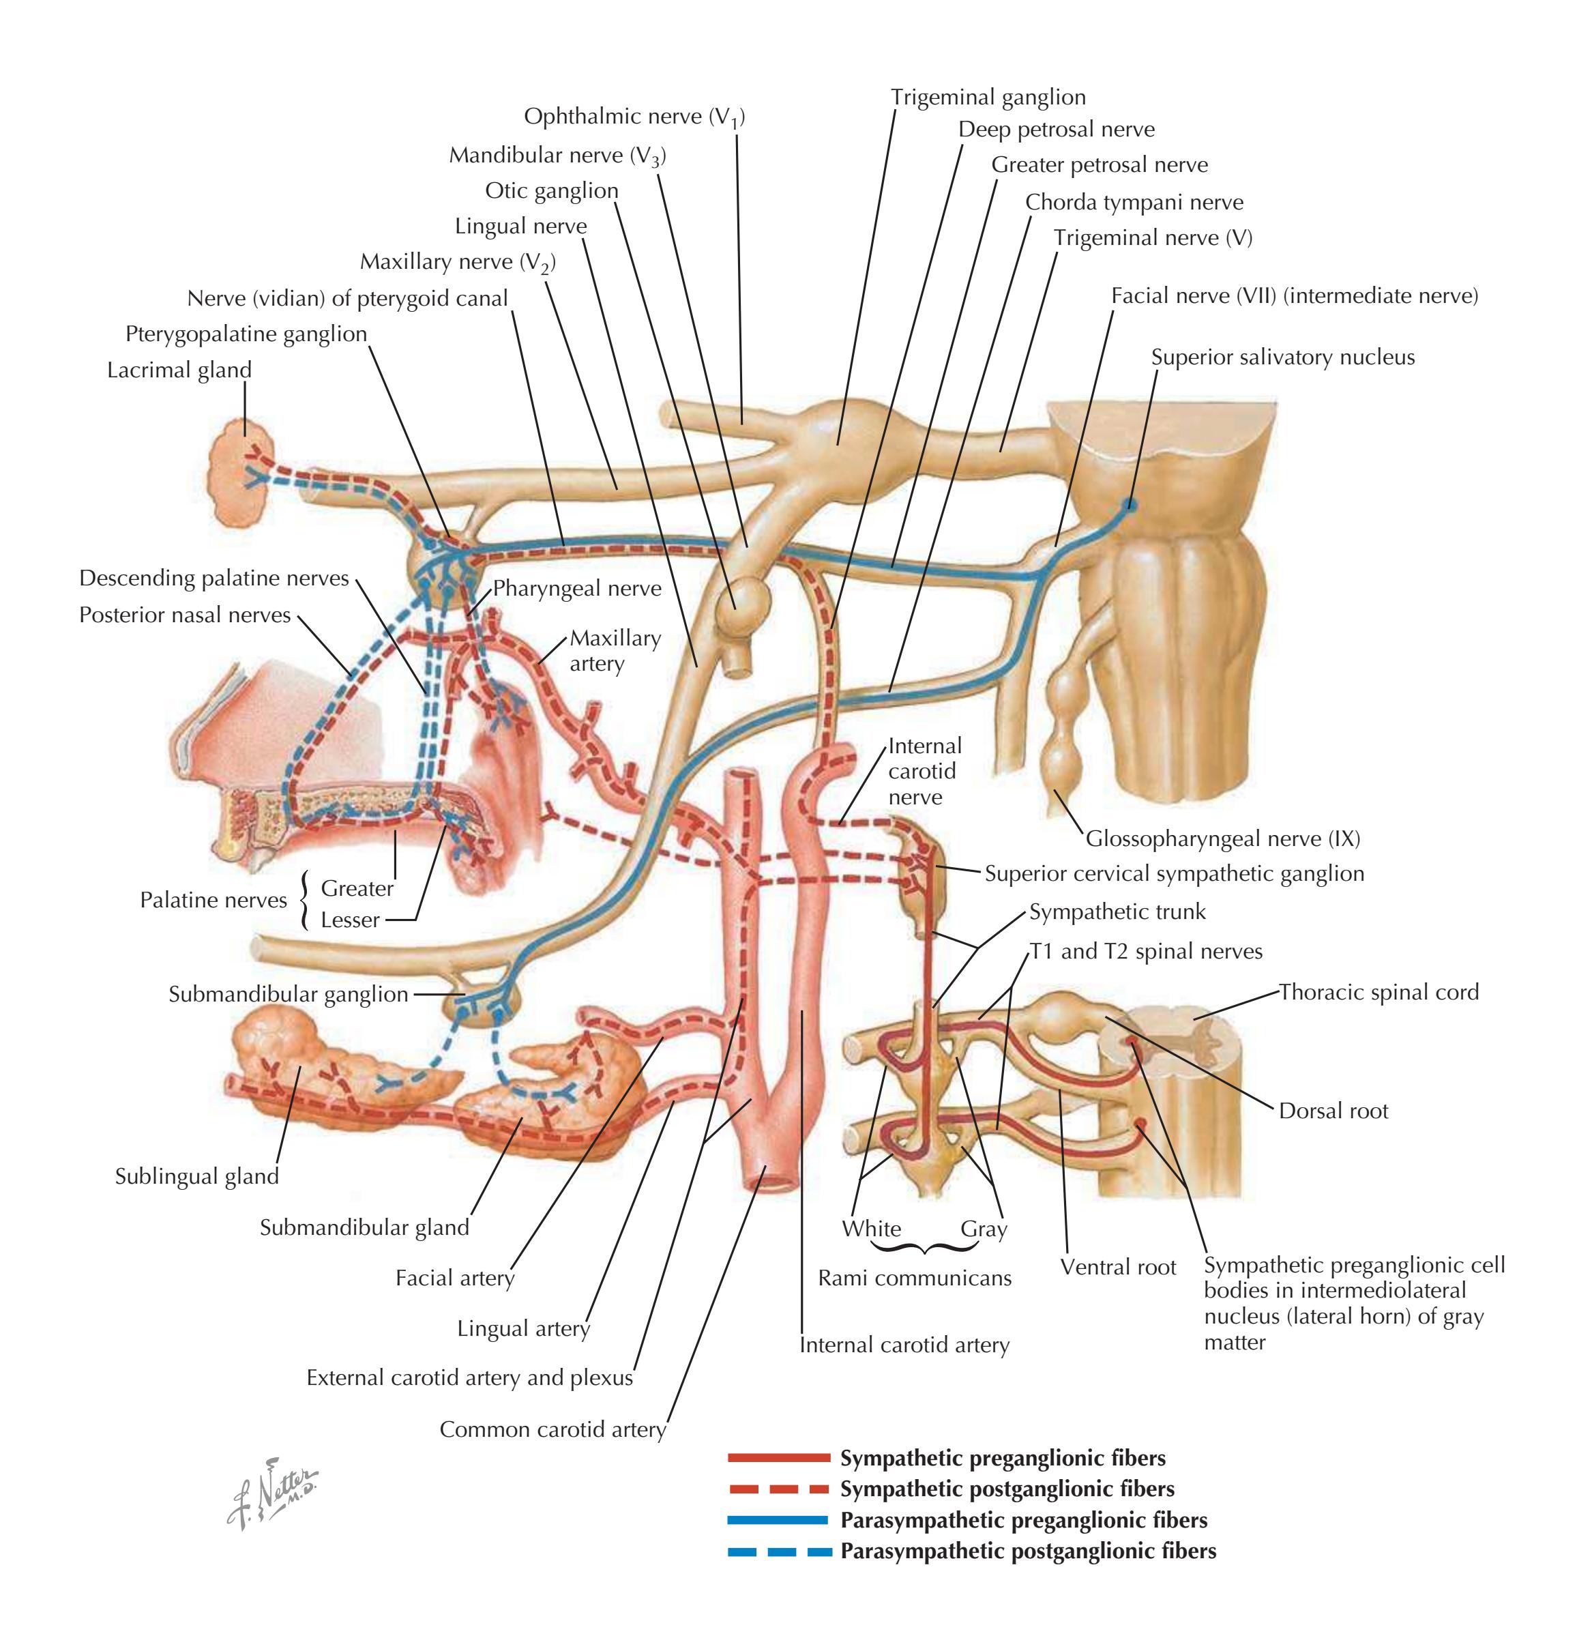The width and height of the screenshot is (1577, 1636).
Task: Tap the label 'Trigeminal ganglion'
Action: [988, 98]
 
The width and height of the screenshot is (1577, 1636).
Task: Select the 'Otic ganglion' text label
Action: [552, 191]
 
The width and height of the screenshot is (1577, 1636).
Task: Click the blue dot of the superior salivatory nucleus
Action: [1129, 504]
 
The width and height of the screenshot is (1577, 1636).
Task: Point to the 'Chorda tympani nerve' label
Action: [1134, 203]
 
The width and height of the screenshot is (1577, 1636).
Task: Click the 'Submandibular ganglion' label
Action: [288, 994]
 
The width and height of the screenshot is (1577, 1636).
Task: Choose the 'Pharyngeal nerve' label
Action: [576, 589]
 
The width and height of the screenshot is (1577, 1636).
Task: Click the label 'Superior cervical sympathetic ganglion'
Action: [1174, 874]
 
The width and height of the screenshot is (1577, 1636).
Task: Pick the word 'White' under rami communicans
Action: [871, 1229]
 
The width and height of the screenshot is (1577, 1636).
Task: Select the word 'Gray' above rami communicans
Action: [984, 1229]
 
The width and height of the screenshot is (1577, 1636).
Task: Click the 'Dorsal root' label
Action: [1333, 1111]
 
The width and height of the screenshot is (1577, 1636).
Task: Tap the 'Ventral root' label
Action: [1117, 1267]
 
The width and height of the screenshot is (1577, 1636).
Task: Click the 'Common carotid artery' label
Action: [552, 1430]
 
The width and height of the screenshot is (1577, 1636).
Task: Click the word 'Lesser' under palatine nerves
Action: [350, 920]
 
